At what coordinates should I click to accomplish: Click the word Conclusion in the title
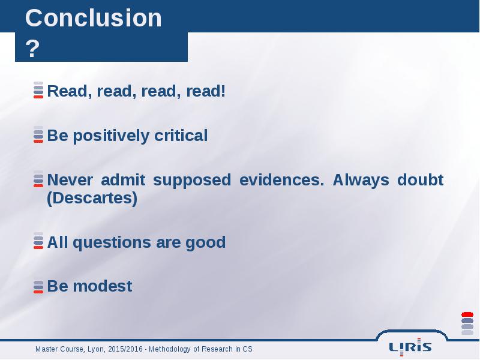[94, 18]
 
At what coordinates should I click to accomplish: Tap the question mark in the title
[32, 49]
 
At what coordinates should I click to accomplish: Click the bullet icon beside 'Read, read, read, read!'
[38, 90]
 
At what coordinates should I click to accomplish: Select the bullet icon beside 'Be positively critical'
[38, 134]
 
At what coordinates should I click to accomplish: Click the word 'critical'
[181, 135]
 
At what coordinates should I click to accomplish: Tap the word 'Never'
[70, 179]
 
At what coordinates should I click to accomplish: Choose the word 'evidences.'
[281, 179]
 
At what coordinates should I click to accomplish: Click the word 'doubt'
[421, 179]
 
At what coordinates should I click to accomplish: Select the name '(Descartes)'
[92, 198]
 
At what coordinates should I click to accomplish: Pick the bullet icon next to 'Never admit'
[38, 179]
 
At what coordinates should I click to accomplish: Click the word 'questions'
[112, 243]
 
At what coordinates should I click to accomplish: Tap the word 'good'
[205, 243]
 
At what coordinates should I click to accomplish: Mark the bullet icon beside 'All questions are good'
[38, 241]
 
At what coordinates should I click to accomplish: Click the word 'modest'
[103, 286]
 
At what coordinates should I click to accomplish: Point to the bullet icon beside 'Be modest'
[38, 286]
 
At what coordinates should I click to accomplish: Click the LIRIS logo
[410, 347]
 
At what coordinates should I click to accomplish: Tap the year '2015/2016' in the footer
[125, 349]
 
